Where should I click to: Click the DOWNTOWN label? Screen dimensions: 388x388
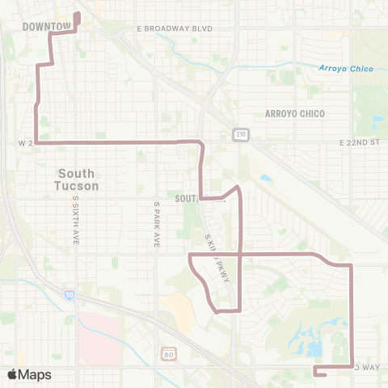click(47, 27)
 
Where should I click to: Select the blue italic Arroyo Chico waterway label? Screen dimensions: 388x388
click(346, 69)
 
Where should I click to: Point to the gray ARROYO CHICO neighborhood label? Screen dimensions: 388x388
click(295, 114)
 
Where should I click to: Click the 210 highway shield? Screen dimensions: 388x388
click(241, 133)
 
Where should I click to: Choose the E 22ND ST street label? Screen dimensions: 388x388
click(359, 142)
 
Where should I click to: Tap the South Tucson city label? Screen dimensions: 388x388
click(78, 179)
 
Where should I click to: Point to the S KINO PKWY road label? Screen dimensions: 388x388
click(217, 263)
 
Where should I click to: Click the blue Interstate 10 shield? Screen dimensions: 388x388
click(70, 295)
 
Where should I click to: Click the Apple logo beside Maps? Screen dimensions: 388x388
click(12, 374)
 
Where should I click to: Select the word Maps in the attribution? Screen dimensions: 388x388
click(36, 374)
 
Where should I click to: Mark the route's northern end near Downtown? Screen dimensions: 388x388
click(78, 14)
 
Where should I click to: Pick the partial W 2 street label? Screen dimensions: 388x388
click(24, 143)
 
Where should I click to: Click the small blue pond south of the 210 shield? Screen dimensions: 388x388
click(265, 178)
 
